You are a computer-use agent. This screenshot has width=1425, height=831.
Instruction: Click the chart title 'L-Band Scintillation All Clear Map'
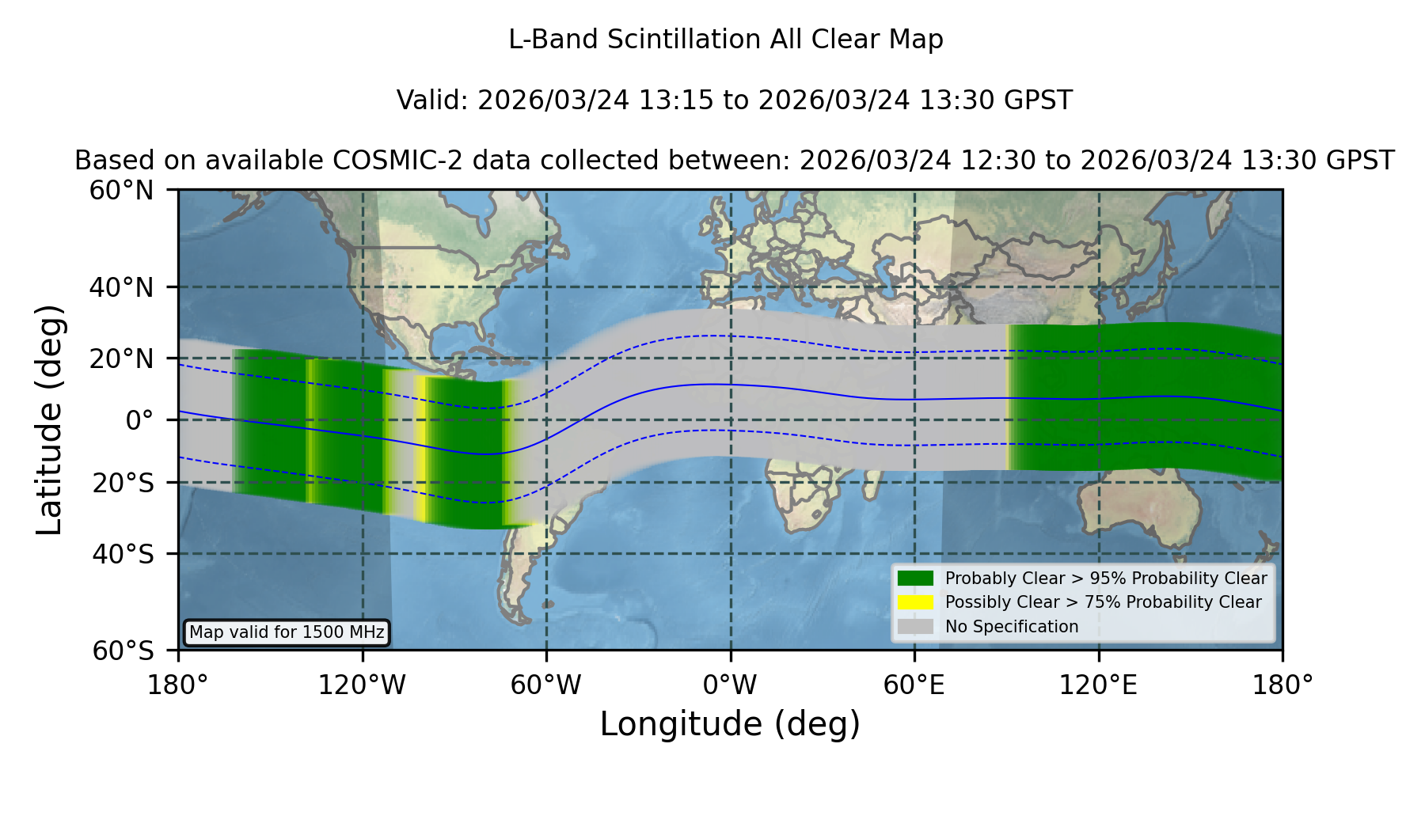click(725, 39)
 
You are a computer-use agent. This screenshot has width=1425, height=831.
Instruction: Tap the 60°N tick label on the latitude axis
click(121, 190)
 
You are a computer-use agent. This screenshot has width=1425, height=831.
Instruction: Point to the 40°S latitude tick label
click(123, 554)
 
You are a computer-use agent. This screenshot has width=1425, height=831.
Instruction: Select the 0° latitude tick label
click(139, 420)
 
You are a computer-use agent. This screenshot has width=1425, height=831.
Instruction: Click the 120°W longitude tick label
click(362, 685)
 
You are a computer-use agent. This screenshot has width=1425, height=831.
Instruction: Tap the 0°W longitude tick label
click(730, 685)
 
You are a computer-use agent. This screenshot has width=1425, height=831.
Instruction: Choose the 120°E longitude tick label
click(1098, 685)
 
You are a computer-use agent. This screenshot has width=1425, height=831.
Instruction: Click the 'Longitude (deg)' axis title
click(730, 724)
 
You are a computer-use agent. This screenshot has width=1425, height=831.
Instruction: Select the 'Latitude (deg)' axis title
click(50, 419)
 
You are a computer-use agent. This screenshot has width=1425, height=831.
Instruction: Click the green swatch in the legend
click(915, 578)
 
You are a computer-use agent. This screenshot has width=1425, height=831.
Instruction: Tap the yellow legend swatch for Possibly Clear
click(915, 602)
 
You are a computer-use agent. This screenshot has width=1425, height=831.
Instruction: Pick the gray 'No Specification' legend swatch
click(915, 627)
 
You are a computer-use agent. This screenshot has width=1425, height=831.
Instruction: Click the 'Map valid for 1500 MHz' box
click(287, 632)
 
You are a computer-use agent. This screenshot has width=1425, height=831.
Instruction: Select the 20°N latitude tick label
click(121, 359)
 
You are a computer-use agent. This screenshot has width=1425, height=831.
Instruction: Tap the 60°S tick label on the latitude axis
click(123, 651)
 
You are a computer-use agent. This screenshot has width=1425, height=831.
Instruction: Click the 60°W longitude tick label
click(545, 685)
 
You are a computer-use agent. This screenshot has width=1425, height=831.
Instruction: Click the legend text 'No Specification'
click(1012, 627)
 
